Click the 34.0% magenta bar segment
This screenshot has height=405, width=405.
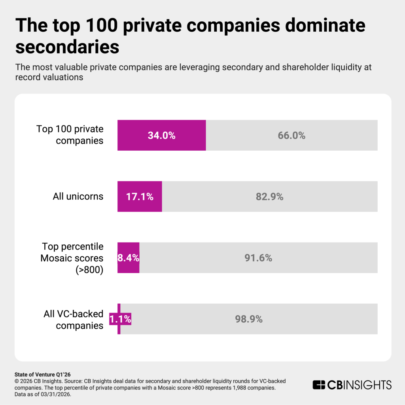pyautogui.click(x=161, y=135)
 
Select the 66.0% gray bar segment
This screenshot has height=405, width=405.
pyautogui.click(x=291, y=135)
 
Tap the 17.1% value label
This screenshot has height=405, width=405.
pyautogui.click(x=140, y=197)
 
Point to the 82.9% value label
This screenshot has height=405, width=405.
pyautogui.click(x=269, y=197)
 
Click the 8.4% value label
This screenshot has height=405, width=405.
pyautogui.click(x=128, y=258)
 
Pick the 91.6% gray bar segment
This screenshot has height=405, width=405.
pyautogui.click(x=258, y=258)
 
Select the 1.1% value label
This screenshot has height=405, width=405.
pyautogui.click(x=120, y=319)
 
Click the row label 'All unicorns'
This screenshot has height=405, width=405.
pyautogui.click(x=78, y=197)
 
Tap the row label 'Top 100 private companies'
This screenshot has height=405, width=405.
pyautogui.click(x=70, y=135)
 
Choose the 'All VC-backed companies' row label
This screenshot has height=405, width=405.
pyautogui.click(x=74, y=320)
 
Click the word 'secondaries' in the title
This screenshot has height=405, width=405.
pyautogui.click(x=67, y=47)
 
